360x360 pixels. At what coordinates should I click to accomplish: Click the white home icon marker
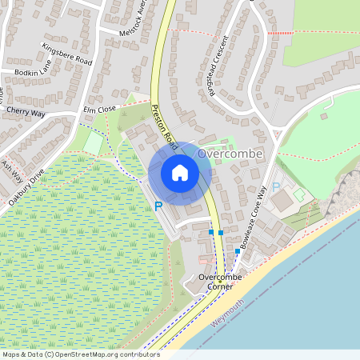point(180,172)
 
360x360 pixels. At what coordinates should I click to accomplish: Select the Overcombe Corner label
point(216,282)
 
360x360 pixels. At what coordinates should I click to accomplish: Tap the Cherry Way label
point(26,111)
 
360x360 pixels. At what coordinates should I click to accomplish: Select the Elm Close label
point(99,109)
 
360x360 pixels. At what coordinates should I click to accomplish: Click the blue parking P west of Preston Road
point(158,206)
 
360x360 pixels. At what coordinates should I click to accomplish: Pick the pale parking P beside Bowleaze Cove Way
point(276,187)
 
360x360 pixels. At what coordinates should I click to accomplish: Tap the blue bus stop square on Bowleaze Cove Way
point(238,251)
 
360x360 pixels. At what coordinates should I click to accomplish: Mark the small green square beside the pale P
point(298,194)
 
